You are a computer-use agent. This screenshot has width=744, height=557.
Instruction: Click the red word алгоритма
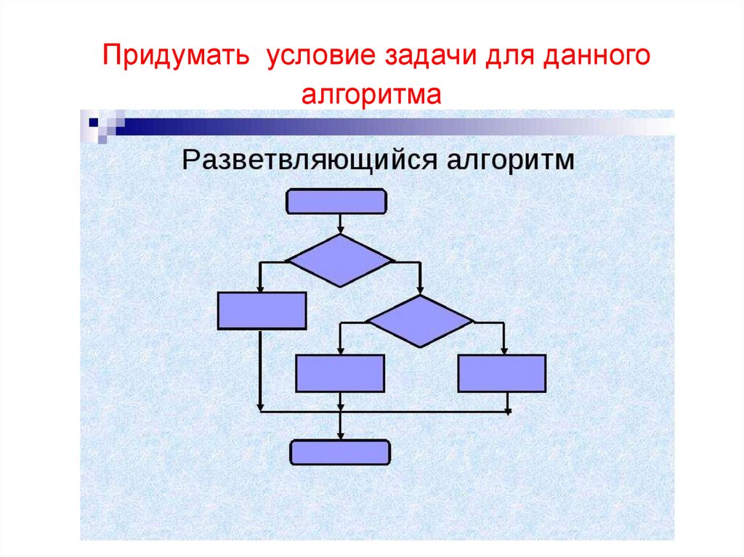tap(372, 94)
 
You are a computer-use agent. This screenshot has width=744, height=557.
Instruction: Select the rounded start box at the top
tap(336, 201)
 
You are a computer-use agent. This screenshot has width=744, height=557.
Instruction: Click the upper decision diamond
tap(340, 259)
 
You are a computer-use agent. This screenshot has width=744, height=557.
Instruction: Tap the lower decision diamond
tap(419, 320)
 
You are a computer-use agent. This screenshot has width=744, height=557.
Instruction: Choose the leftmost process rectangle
tap(262, 311)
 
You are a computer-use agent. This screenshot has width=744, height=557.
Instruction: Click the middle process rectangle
tap(339, 373)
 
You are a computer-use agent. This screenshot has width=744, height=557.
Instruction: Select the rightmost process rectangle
tap(502, 373)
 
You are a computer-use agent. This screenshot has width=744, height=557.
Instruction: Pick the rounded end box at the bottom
tap(340, 452)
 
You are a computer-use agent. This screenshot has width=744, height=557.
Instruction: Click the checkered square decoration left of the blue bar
tap(102, 124)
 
